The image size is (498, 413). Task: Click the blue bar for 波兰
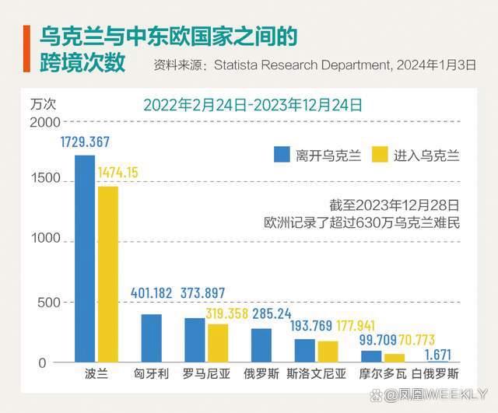[85, 258]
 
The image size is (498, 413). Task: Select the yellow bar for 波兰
[107, 274]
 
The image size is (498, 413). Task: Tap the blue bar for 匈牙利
[152, 338]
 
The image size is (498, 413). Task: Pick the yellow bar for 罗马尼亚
[219, 343]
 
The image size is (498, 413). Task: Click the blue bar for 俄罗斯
[262, 345]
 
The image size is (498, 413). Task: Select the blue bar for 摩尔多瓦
[372, 356]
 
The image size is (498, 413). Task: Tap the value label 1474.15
[117, 172]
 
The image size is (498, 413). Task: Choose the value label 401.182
[151, 292]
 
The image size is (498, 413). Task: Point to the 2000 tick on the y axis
[44, 122]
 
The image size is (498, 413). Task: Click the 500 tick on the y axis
[48, 303]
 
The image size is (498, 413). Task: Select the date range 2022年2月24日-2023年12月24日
[253, 104]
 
